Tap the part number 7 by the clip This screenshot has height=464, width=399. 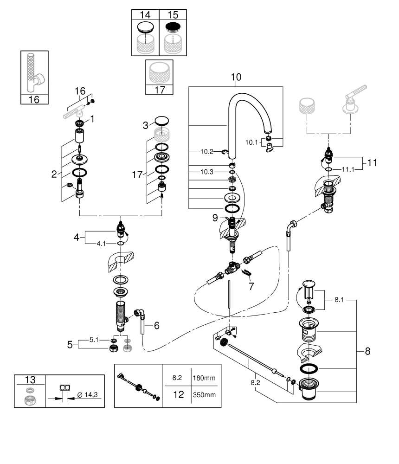(251, 286)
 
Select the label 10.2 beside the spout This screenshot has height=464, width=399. (207, 151)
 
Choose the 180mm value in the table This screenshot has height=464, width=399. (204, 378)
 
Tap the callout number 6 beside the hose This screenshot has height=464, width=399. (156, 326)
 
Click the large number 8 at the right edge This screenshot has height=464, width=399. (367, 351)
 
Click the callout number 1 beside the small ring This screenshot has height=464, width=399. (92, 119)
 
